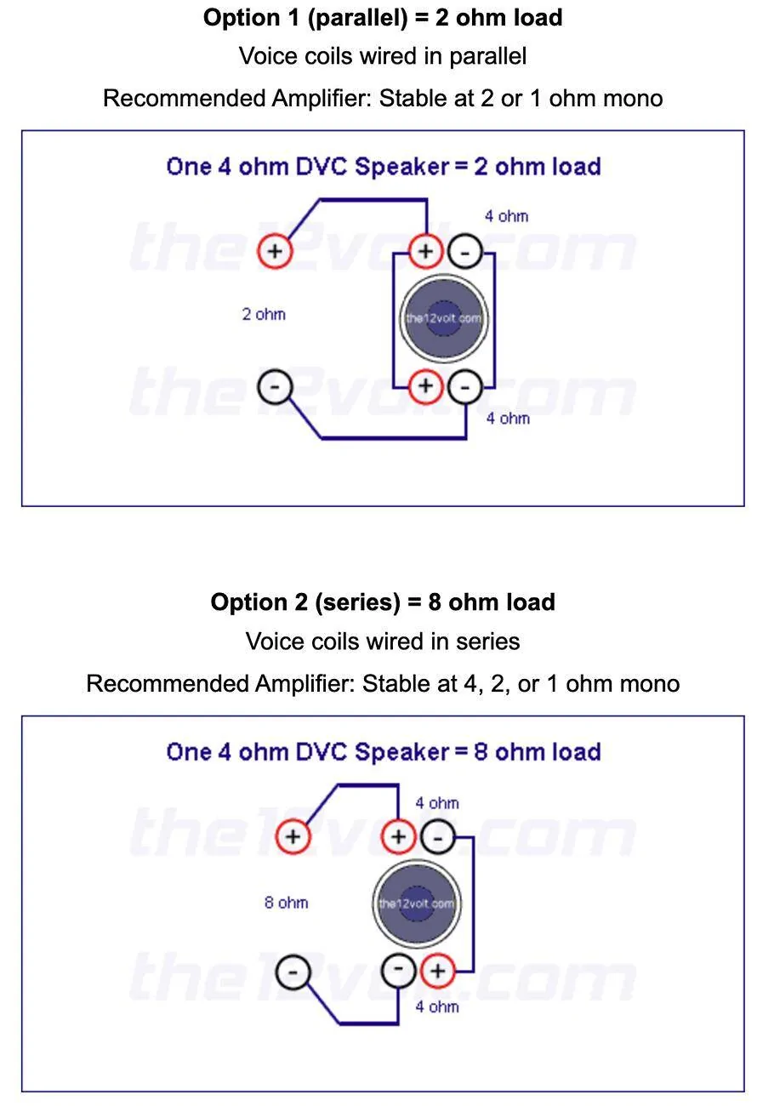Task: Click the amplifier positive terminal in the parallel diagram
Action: (275, 251)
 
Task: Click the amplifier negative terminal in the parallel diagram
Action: (275, 386)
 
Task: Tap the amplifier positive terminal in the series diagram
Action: (293, 836)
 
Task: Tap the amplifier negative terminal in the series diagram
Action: (293, 972)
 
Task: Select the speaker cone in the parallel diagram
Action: (444, 318)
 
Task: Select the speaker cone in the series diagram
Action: (417, 904)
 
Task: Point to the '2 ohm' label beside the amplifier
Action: (264, 314)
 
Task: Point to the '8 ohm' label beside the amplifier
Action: (287, 903)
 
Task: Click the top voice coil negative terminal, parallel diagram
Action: (465, 252)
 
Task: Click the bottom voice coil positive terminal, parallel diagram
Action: (426, 385)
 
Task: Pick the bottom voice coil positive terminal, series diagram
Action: (438, 972)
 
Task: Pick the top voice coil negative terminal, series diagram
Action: (438, 837)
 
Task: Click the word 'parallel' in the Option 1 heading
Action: (358, 18)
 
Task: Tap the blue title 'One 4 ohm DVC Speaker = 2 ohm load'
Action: (384, 167)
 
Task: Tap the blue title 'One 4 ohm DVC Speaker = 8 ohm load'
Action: (384, 752)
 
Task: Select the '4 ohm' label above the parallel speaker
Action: (506, 216)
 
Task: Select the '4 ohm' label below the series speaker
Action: (437, 1006)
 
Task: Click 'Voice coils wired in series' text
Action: (383, 641)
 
